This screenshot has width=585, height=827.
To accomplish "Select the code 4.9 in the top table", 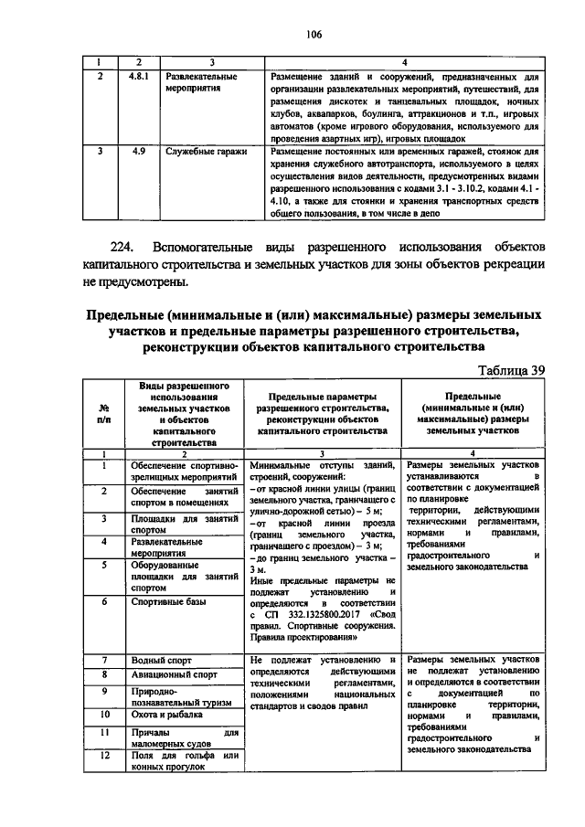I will pos(138,150).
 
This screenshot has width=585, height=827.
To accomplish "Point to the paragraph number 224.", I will pos(124,247).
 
